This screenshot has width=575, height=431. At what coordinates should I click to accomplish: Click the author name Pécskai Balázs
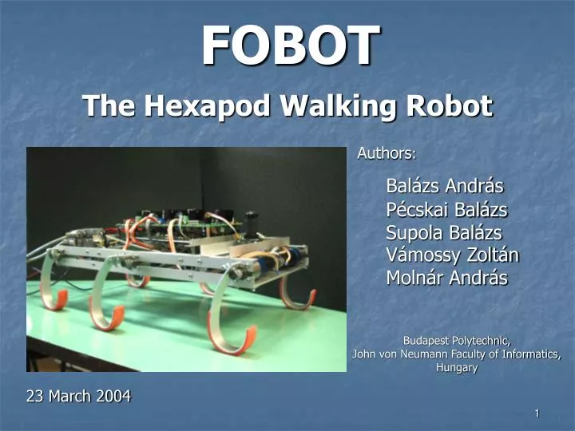coord(446,210)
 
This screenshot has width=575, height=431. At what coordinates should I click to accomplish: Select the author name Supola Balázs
coord(444,233)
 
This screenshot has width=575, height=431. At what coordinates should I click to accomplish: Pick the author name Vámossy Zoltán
coord(452,255)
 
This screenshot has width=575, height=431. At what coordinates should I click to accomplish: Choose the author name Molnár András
coord(446,278)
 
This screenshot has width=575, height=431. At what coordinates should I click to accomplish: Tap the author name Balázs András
coord(445,187)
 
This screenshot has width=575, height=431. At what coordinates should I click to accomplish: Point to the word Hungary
coord(457,368)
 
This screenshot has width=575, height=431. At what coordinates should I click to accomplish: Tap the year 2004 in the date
coord(113,395)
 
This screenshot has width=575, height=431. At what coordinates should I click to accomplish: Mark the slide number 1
coord(537,413)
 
